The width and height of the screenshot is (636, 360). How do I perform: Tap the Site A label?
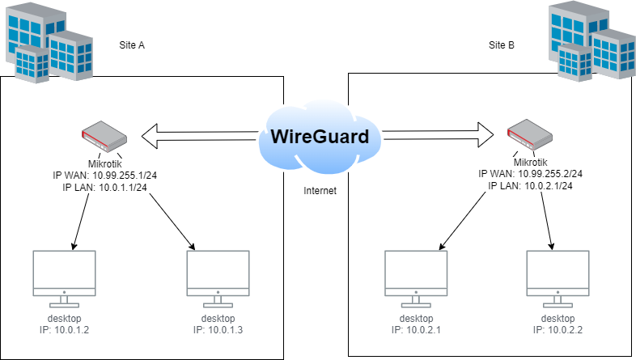132,45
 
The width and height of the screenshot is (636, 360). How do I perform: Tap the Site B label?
502,45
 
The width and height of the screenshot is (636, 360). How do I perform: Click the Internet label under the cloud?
319,192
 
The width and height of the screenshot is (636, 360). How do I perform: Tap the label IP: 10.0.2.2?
558,329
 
